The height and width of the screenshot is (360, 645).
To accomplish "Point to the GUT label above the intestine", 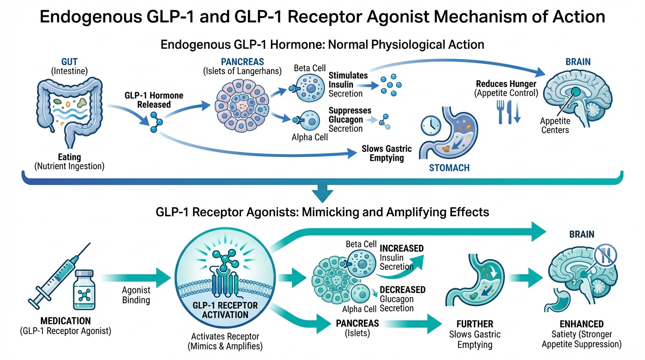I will [69, 61].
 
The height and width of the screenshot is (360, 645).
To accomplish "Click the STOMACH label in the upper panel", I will [449, 167].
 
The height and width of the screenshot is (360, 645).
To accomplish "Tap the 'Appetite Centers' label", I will [555, 126].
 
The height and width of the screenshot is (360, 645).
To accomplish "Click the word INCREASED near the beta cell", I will [401, 248].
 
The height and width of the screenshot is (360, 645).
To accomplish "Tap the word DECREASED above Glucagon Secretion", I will [402, 290].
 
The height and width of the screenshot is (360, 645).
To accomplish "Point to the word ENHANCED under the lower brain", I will [581, 324].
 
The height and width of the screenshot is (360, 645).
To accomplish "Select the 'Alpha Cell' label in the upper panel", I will [309, 138].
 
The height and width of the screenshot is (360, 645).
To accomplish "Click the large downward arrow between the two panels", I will [322, 192].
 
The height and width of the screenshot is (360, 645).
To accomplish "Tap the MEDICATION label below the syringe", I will [65, 321].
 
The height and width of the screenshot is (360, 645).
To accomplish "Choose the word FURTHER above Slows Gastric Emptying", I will [474, 324].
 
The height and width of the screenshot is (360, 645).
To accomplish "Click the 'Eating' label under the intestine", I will [69, 157].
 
